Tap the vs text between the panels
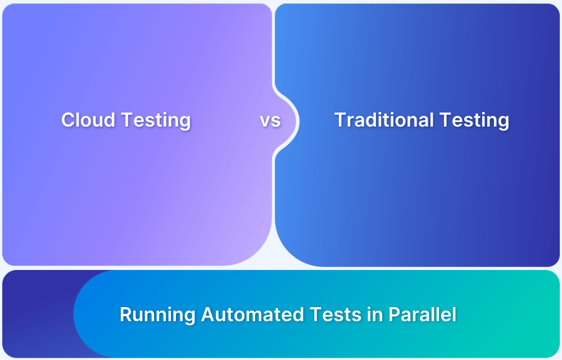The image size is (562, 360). tap(270, 120)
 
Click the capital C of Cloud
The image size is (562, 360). tap(67, 120)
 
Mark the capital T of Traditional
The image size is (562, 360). tap(340, 120)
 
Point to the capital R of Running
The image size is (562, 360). tap(126, 314)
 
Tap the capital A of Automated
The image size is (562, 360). tap(208, 314)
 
